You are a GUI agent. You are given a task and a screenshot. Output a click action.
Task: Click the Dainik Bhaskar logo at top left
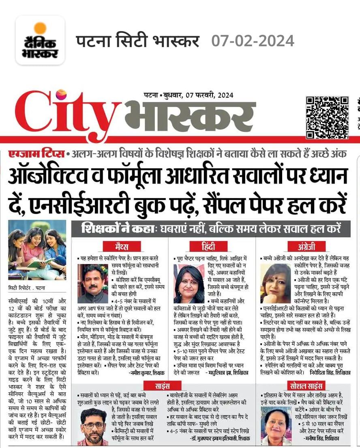(x=40, y=40)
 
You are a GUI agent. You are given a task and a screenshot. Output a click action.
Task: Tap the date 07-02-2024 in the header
(x=253, y=41)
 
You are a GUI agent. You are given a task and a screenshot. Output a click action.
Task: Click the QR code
(x=327, y=117)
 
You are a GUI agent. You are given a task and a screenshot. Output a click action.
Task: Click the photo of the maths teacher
(x=93, y=283)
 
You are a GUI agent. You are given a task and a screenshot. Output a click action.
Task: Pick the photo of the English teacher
(x=276, y=283)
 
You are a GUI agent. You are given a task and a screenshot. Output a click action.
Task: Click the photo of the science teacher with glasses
(x=94, y=426)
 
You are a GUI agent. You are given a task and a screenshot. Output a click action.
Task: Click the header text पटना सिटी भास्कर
(x=138, y=41)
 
